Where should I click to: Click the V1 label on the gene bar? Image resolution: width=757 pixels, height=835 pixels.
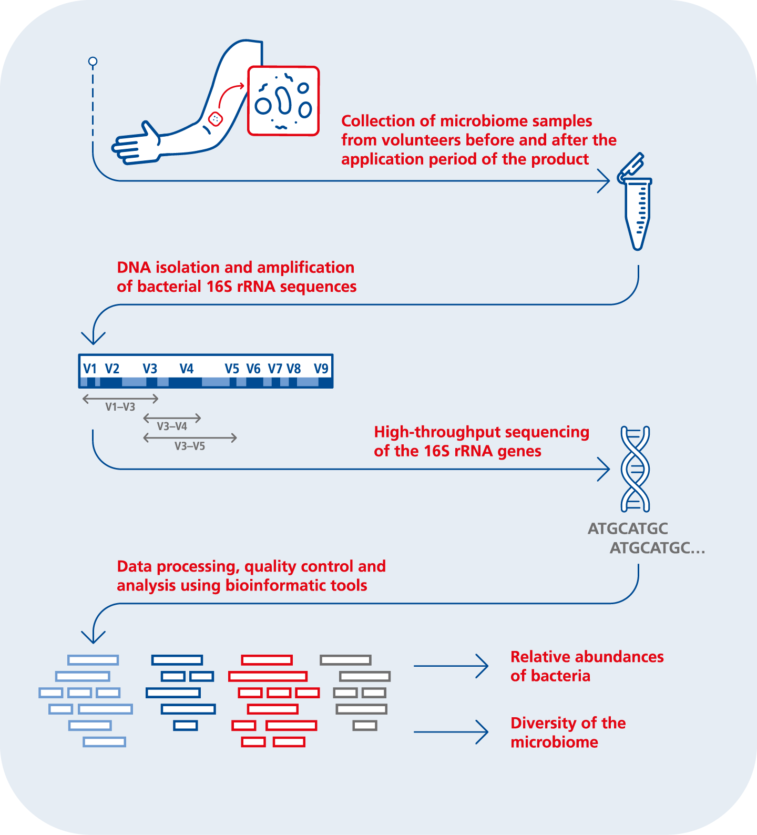90,369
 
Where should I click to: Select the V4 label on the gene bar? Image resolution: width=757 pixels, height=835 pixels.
187,369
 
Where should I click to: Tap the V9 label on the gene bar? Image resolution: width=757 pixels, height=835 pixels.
321,369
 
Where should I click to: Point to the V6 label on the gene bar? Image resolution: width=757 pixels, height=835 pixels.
253,369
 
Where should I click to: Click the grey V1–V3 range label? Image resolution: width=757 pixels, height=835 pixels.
120,407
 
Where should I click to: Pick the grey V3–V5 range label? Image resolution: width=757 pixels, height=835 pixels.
190,446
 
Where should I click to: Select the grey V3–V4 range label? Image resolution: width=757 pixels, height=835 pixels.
172,426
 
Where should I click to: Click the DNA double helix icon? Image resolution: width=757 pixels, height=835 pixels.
635,469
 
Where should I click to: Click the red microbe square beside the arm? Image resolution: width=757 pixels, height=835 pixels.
283,101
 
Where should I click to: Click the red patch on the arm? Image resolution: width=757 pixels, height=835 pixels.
216,119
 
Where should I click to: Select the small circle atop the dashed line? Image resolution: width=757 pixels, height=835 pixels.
93,62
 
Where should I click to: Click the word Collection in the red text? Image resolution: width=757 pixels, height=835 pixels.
378,121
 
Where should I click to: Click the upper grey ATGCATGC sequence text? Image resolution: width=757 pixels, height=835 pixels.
628,528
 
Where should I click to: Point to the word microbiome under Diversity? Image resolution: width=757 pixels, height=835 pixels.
554,742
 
